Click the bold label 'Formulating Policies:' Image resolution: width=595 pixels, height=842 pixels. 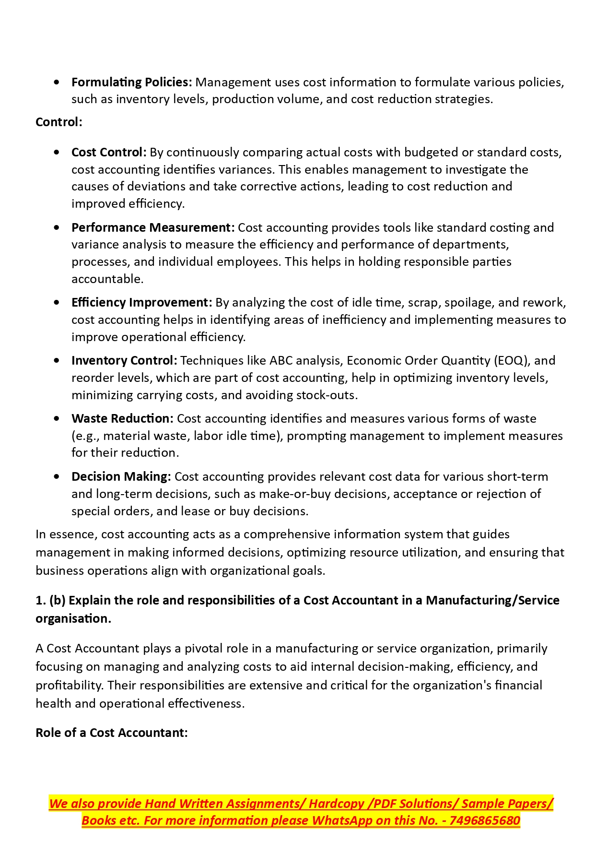click(x=131, y=83)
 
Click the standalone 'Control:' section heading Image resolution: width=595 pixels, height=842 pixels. click(x=59, y=122)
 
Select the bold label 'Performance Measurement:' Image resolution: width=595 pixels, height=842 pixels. click(x=153, y=227)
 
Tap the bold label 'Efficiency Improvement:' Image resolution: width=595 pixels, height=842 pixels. click(x=141, y=303)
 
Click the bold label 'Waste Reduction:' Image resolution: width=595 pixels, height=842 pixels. click(x=122, y=419)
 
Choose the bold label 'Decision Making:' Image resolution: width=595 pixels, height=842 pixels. click(x=121, y=477)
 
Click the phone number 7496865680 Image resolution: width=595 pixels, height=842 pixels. click(x=485, y=820)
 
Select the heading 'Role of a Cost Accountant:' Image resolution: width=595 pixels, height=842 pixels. click(x=112, y=733)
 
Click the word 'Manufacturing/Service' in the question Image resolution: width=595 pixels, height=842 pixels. click(x=492, y=601)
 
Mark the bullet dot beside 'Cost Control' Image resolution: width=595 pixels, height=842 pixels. click(x=57, y=153)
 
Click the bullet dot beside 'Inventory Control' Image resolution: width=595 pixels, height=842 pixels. click(x=57, y=361)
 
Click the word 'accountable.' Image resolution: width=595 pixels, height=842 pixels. click(x=107, y=279)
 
